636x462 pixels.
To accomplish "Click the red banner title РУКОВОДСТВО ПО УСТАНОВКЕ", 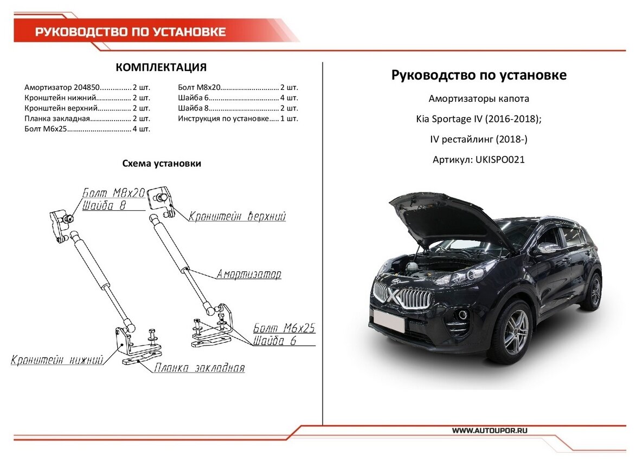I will tap(131, 31).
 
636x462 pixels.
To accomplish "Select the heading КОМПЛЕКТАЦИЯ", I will tap(161, 68).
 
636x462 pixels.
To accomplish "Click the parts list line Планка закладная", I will tap(87, 118).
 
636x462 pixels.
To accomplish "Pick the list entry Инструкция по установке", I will tap(238, 118).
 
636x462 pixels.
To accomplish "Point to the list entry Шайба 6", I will tap(238, 97).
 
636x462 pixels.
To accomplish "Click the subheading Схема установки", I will tap(162, 164).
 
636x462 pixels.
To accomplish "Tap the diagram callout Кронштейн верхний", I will tap(237, 217).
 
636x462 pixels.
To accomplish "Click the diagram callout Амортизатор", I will tap(249, 275).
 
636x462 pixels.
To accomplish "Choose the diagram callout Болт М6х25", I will tap(284, 329).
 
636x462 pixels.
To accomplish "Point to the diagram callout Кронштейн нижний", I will tap(57, 360).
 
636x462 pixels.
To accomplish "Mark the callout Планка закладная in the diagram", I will tap(199, 368).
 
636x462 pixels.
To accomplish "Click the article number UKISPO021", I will tap(499, 160).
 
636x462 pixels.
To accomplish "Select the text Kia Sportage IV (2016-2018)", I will tap(479, 119).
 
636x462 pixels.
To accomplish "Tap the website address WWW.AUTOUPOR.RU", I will tap(490, 430).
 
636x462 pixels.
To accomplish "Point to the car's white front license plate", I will tap(388, 322).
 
